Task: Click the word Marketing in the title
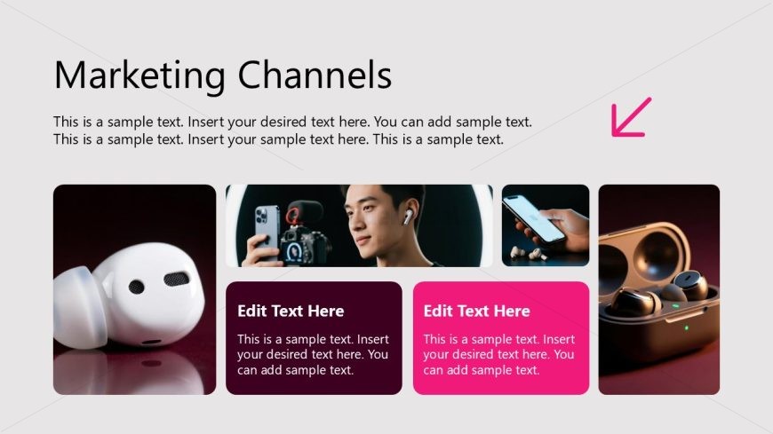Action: tap(139, 75)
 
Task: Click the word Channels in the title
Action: tap(315, 75)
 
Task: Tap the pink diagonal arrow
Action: tap(631, 117)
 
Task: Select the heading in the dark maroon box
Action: tap(291, 311)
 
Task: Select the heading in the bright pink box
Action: tap(477, 311)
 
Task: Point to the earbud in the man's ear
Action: tap(407, 217)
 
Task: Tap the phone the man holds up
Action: tap(266, 233)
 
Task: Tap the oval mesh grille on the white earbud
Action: tap(177, 279)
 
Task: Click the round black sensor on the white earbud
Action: tap(137, 287)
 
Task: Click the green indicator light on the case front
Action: tap(686, 327)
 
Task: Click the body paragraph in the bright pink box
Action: tap(498, 355)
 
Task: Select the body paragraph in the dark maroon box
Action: tap(313, 355)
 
